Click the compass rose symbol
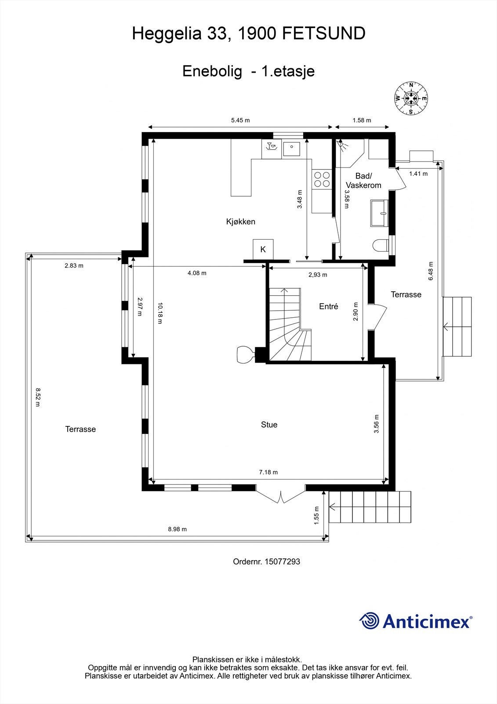(x=411, y=99)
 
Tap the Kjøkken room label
(x=240, y=222)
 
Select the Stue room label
(x=269, y=425)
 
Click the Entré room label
(x=328, y=307)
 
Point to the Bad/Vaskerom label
(x=363, y=181)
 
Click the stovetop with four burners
(x=322, y=180)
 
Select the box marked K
(x=263, y=249)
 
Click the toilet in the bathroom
(x=381, y=245)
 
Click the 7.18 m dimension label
(x=268, y=472)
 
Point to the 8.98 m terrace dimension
(x=177, y=529)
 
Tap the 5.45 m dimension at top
(x=240, y=120)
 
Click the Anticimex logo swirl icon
(x=369, y=621)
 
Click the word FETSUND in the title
(x=323, y=33)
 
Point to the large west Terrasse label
(x=80, y=429)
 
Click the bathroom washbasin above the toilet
(x=380, y=213)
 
